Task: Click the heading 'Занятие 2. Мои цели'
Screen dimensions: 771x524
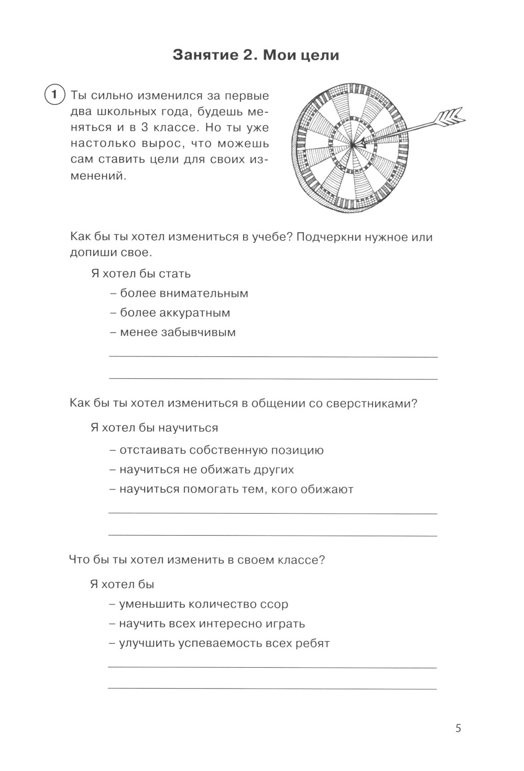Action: (256, 55)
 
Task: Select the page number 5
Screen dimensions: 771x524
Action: (458, 728)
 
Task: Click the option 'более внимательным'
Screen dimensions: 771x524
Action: (184, 293)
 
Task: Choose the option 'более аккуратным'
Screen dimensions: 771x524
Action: (175, 313)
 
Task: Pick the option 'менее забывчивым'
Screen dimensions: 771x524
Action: (178, 332)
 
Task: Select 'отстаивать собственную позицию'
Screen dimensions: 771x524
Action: (221, 450)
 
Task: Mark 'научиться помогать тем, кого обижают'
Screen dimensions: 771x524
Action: (236, 490)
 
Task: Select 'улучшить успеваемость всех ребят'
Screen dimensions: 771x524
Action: (224, 644)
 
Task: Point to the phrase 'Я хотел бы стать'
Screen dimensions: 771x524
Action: (140, 274)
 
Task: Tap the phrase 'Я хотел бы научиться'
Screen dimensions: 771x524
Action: (154, 428)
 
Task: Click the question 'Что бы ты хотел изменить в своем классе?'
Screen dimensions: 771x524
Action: (197, 560)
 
